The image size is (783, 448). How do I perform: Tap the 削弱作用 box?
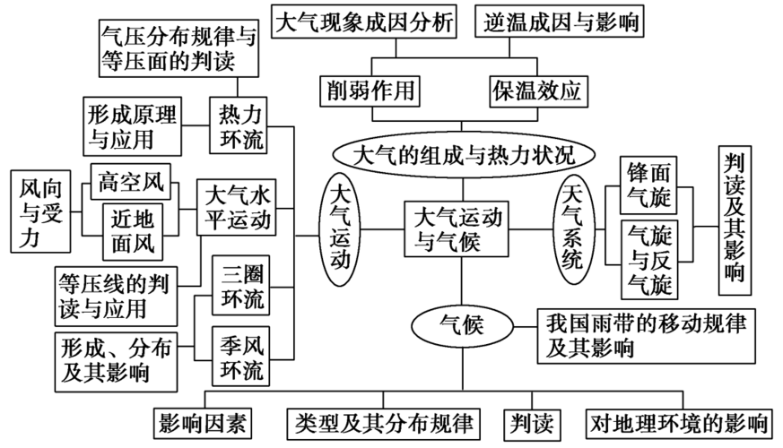point(368,90)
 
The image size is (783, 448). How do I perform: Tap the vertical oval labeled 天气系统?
point(571,228)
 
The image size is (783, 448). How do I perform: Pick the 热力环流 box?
point(239,125)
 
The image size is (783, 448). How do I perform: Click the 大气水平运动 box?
point(237,206)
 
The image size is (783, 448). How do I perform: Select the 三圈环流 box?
point(240,283)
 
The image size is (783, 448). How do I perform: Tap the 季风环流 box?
point(240,356)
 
